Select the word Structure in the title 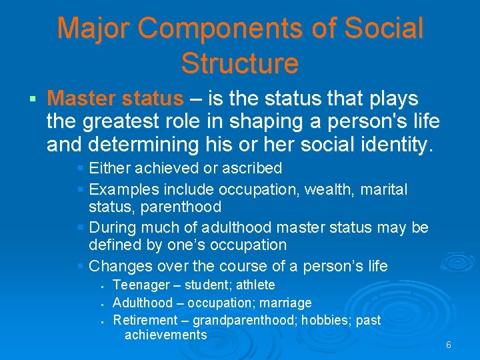239,63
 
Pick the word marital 384,190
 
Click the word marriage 283,303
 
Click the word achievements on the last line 165,335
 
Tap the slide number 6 449,345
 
